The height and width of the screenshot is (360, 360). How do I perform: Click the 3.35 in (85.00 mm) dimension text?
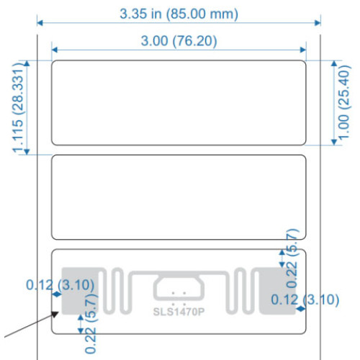179,13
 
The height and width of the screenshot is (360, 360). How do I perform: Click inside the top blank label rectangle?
179,102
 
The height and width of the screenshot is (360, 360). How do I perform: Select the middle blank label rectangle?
179,196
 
